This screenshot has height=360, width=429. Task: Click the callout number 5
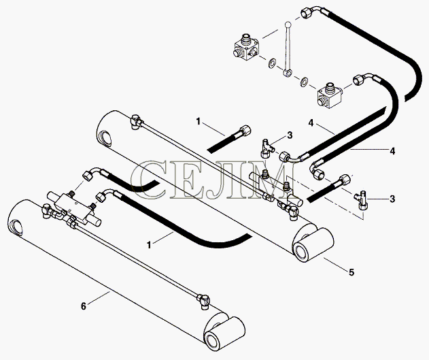point(351,272)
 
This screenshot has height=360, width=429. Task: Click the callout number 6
point(84,306)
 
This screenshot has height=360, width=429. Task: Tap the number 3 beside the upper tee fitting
point(290,135)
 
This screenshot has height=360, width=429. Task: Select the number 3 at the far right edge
point(392,199)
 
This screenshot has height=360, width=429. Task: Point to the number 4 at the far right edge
point(392,151)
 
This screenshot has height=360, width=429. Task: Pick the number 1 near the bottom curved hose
point(149,245)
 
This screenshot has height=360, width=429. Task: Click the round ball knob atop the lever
point(287,24)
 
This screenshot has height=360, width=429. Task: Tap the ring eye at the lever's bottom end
point(287,73)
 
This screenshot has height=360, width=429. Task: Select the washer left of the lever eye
point(272,64)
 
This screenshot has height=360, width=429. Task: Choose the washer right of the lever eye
point(304,82)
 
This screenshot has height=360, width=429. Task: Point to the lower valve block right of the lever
point(330,96)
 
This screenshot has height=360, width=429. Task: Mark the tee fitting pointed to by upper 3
point(267,148)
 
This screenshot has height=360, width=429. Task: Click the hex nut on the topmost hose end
point(305,13)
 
